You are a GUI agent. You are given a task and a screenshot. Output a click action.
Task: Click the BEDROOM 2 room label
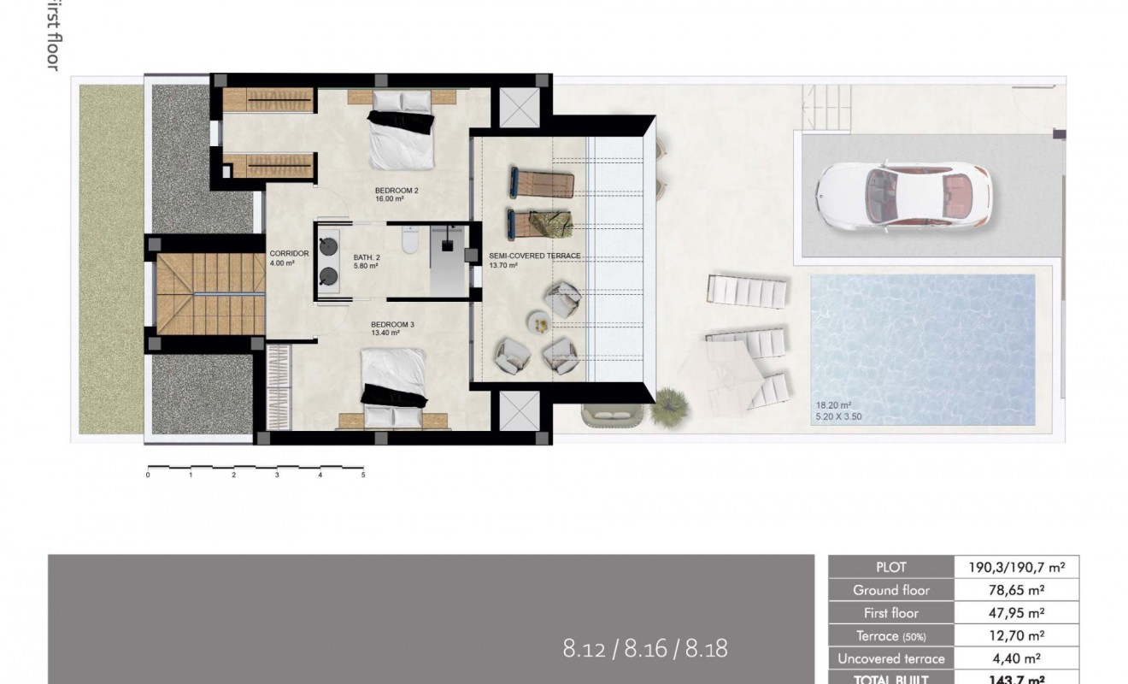pos(397,190)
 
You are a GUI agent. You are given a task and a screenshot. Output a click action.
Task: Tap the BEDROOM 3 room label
pos(392,325)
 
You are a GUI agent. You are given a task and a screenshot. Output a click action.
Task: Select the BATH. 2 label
pos(367,256)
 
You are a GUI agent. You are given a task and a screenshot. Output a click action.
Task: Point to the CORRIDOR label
pos(288,254)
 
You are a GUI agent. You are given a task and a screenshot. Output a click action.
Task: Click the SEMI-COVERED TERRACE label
pos(534,256)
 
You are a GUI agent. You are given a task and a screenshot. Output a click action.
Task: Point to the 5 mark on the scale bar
pos(363,475)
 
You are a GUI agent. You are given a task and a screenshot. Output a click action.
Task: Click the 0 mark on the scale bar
pos(148,475)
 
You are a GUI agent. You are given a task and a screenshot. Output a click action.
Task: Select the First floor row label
pos(890,613)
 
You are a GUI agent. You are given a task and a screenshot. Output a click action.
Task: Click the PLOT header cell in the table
pos(890,567)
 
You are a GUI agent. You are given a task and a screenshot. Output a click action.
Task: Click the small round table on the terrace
pos(540,322)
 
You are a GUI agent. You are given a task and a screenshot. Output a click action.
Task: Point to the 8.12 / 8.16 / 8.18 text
pos(645,648)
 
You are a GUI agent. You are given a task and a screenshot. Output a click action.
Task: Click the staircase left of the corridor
pos(209,293)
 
